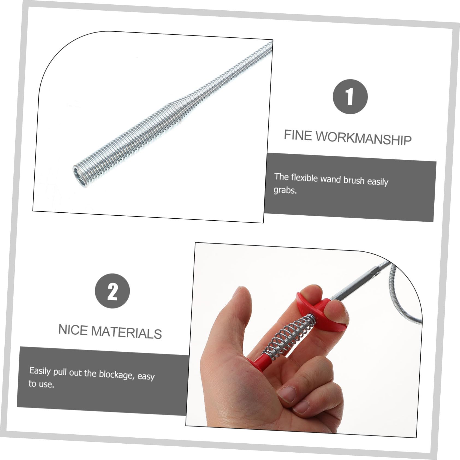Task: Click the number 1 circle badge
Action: click(350, 96)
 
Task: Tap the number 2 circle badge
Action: click(112, 291)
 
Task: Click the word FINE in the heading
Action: click(298, 135)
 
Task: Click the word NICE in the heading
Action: click(73, 330)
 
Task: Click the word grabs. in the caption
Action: click(285, 190)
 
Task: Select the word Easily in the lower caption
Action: click(40, 371)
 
